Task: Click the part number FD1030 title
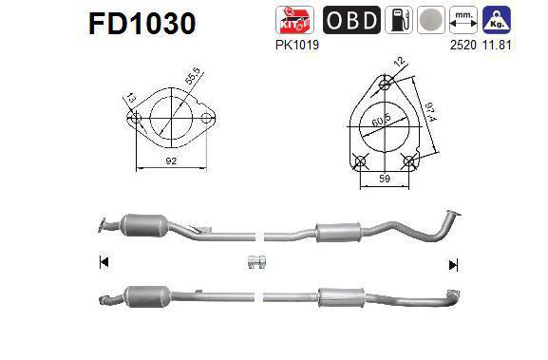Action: tap(142, 23)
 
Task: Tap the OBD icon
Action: tap(351, 19)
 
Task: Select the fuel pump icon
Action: tap(402, 19)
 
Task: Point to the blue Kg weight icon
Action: tap(520, 19)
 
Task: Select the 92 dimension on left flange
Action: tap(171, 161)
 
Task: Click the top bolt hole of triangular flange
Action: tap(385, 83)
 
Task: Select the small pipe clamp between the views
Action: tap(255, 263)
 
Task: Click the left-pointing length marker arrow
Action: tap(103, 263)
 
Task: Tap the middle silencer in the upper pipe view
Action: tap(338, 231)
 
